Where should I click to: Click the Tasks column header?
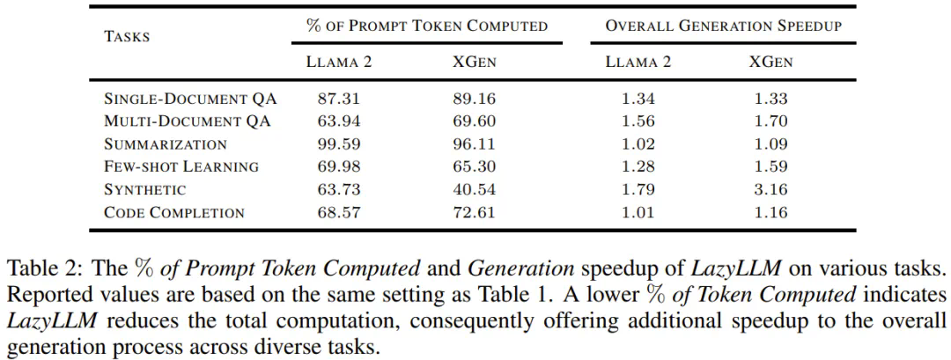click(x=127, y=36)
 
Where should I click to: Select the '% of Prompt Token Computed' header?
click(x=426, y=26)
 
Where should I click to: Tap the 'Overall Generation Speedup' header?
click(x=723, y=26)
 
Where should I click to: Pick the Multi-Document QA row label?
click(x=187, y=121)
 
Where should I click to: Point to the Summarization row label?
click(x=165, y=144)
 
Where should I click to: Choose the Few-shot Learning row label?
click(x=181, y=166)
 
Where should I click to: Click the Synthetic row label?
click(x=144, y=189)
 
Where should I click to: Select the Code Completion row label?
click(x=174, y=212)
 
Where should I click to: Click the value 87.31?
click(x=338, y=99)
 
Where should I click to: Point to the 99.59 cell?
click(x=338, y=144)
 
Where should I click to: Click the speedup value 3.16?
click(x=771, y=189)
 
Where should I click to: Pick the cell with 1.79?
click(x=638, y=189)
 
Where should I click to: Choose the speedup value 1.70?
click(x=771, y=121)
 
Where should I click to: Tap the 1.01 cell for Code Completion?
click(x=638, y=212)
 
